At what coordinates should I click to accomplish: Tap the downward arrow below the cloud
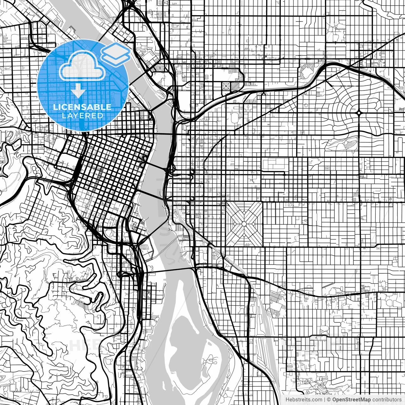78,92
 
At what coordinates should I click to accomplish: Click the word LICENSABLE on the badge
82,107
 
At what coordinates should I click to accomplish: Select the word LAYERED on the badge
82,116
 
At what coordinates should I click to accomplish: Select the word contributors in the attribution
387,400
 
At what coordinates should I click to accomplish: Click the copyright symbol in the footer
329,400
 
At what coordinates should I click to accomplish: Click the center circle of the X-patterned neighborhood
244,224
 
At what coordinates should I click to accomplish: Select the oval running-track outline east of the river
235,118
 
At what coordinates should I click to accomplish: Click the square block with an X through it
227,86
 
